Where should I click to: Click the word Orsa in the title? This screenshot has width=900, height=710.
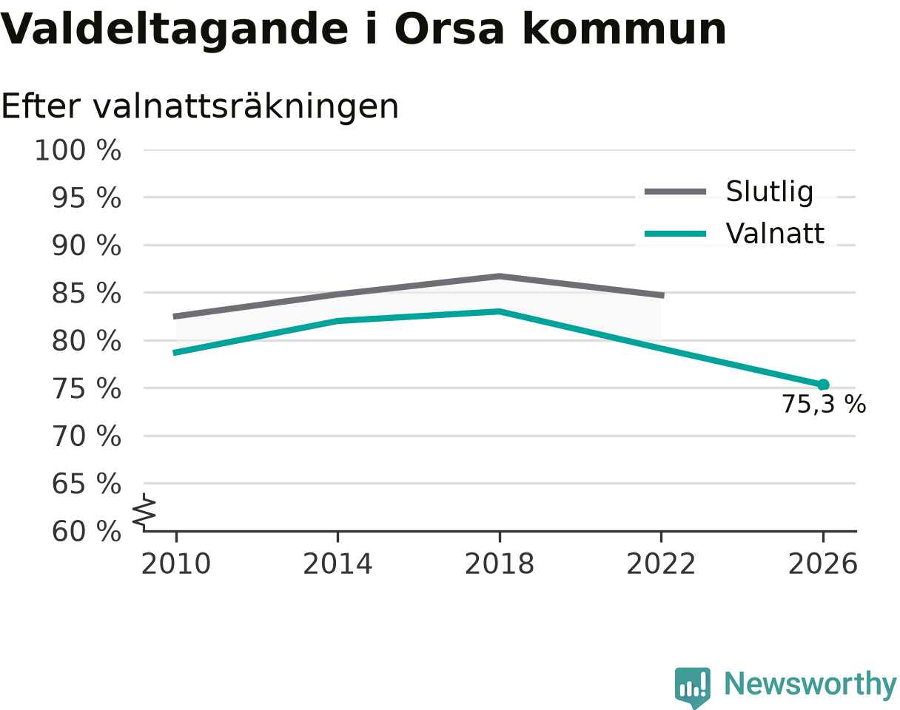click(x=449, y=30)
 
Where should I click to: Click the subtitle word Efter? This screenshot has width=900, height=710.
click(x=41, y=106)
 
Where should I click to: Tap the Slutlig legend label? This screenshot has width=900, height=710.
click(x=770, y=192)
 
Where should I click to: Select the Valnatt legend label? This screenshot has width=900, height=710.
click(x=775, y=233)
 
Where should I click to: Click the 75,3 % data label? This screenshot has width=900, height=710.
click(x=824, y=405)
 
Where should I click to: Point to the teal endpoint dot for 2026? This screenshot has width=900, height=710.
click(x=823, y=385)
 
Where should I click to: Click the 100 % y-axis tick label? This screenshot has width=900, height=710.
click(x=78, y=150)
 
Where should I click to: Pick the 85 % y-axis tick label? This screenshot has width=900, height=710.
click(x=87, y=294)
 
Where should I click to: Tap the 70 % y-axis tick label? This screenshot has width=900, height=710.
click(x=87, y=436)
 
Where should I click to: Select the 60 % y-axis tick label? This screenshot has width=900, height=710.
click(x=87, y=532)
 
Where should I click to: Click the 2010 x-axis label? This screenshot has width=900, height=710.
click(x=176, y=564)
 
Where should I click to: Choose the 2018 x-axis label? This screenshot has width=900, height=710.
click(x=500, y=564)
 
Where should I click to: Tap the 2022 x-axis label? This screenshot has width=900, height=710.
click(x=661, y=564)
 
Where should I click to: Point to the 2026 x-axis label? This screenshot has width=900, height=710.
click(x=822, y=564)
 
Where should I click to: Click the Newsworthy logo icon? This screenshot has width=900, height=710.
click(x=693, y=686)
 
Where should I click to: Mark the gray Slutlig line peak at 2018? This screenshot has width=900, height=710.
click(x=500, y=276)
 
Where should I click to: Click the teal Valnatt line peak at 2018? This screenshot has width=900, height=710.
click(x=500, y=311)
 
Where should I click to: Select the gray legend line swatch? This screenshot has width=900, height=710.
click(x=676, y=192)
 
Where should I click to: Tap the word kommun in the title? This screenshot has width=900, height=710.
click(x=625, y=30)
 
